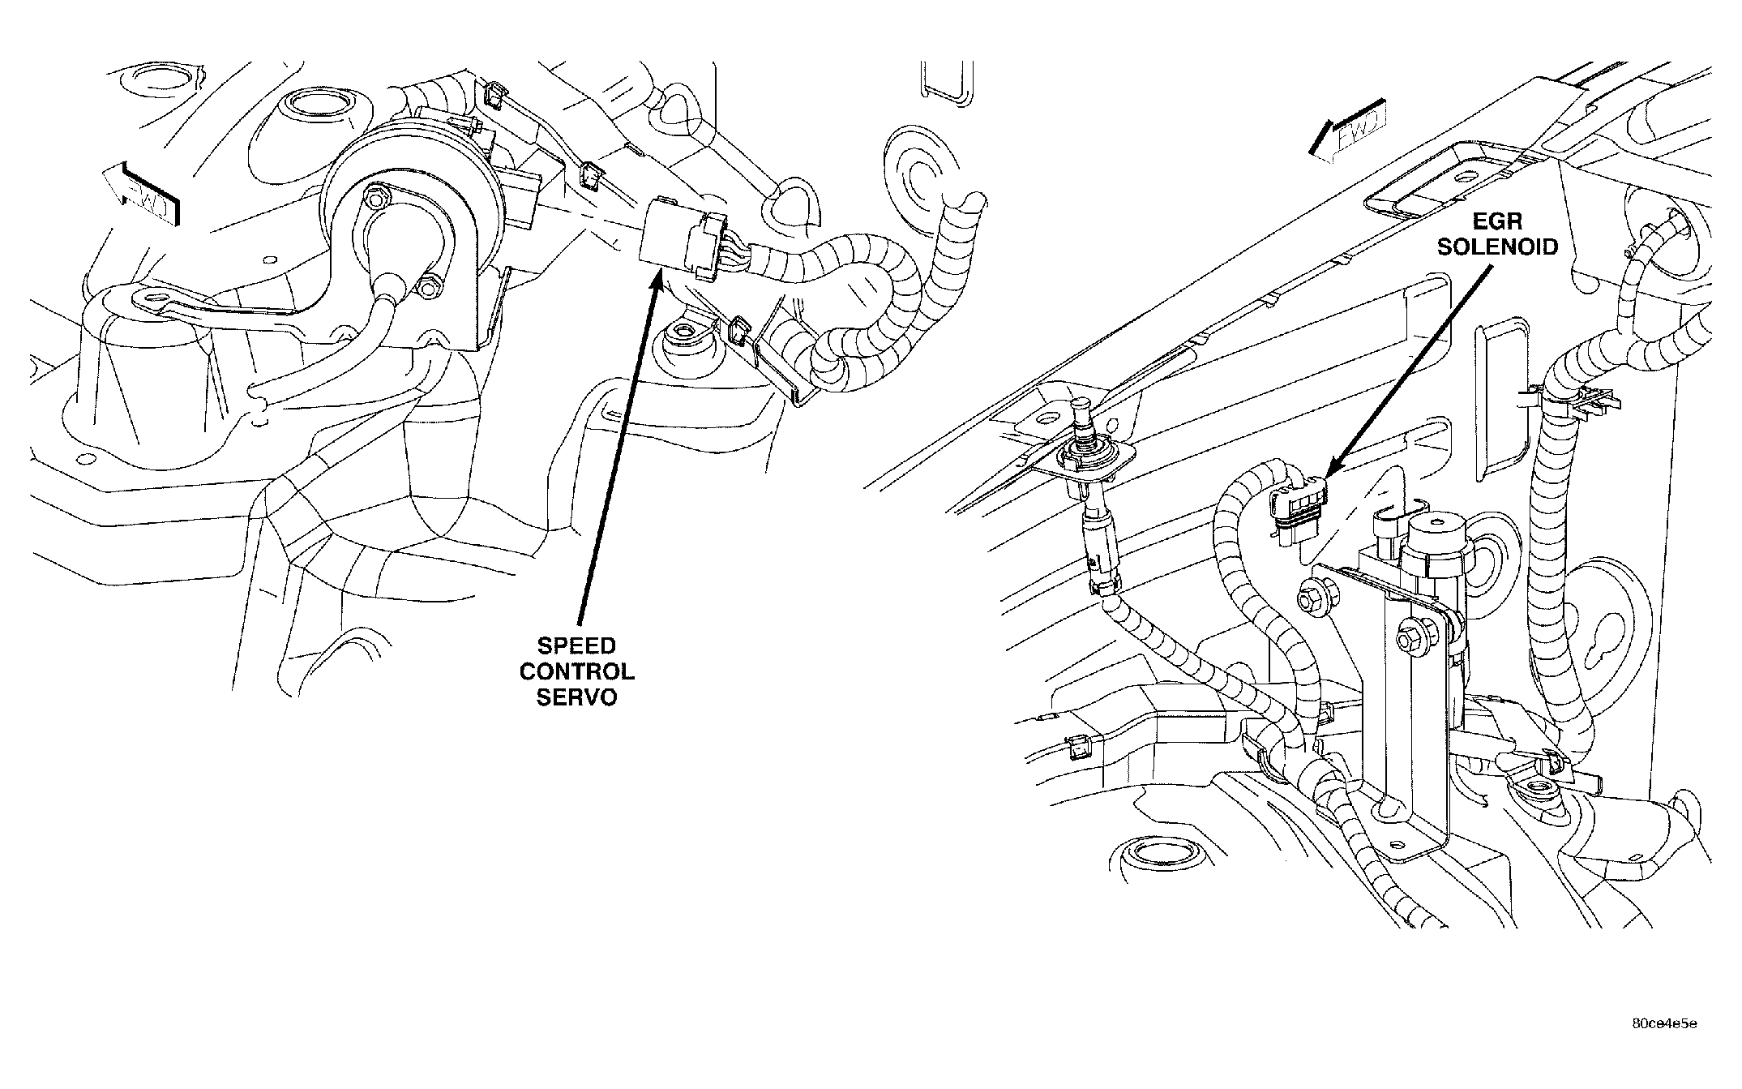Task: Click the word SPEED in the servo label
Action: point(576,646)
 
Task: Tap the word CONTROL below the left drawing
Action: point(576,671)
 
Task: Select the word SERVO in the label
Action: point(576,697)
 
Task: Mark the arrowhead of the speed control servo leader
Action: point(660,281)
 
